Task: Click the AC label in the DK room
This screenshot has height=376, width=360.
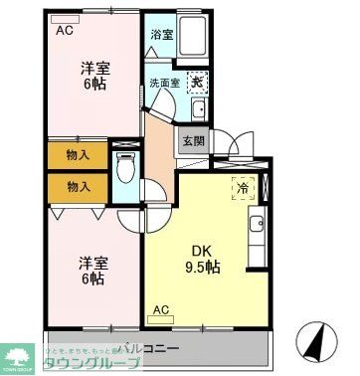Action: pyautogui.click(x=161, y=310)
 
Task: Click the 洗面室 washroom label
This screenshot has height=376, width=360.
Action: pyautogui.click(x=164, y=83)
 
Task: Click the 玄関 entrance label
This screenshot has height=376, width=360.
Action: pyautogui.click(x=192, y=141)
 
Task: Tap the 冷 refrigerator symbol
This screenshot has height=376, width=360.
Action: pyautogui.click(x=243, y=186)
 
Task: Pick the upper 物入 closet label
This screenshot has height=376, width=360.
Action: pyautogui.click(x=79, y=155)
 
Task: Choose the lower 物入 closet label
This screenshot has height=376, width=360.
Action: pyautogui.click(x=79, y=186)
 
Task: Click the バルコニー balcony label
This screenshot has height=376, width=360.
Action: pyautogui.click(x=149, y=348)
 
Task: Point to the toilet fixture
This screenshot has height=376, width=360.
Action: pyautogui.click(x=126, y=171)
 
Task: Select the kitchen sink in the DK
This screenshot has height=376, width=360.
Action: pyautogui.click(x=258, y=228)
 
